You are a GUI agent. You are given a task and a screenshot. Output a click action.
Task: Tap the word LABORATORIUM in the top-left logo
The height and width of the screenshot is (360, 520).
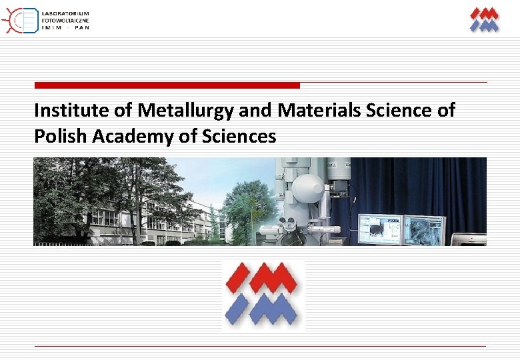pos(65,14)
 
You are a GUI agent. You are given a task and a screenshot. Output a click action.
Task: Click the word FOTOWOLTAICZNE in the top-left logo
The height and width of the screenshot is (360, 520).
pos(65,21)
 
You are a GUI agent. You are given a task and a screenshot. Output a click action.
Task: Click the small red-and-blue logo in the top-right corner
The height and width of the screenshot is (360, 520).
pos(484,19)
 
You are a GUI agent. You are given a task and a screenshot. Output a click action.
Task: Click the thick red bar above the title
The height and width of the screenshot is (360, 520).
pos(167,85)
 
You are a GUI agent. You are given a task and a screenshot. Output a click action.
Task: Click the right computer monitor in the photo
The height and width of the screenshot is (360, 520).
pos(424,230)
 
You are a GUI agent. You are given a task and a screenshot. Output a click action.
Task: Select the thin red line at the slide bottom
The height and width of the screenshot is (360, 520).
pos(260,346)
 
